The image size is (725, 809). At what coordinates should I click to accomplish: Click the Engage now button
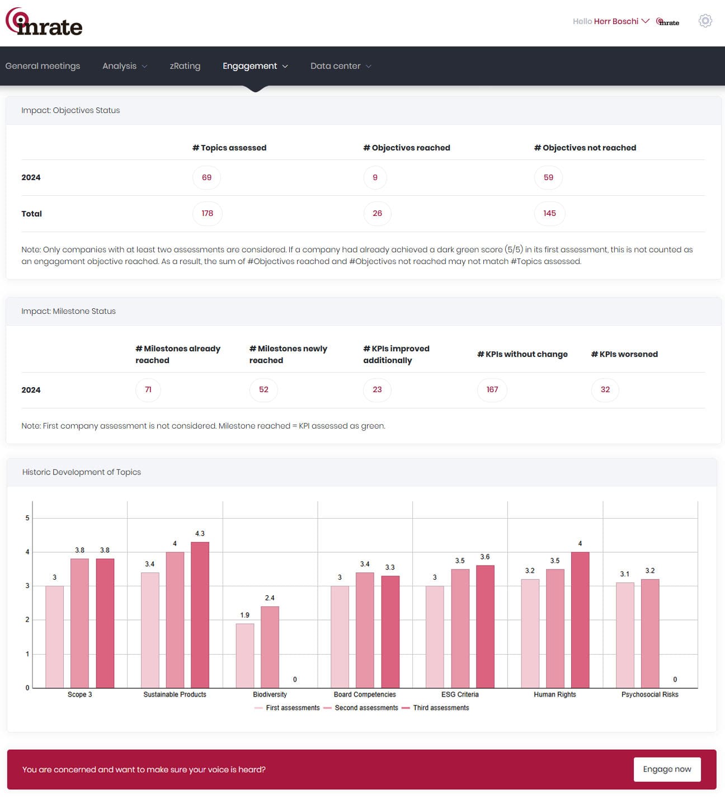click(x=667, y=769)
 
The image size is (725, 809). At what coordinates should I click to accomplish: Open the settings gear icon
click(x=705, y=21)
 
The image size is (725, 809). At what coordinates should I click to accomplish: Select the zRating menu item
click(x=185, y=66)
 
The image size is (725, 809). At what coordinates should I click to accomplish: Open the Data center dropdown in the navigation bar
click(x=341, y=66)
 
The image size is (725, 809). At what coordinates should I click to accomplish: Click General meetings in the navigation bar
click(x=43, y=66)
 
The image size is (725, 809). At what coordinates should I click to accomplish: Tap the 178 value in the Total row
click(x=207, y=213)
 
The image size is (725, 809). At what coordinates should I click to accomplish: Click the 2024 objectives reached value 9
click(x=375, y=177)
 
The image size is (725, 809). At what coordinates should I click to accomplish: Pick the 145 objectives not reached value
click(x=549, y=213)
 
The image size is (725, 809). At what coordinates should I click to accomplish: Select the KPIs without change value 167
click(x=492, y=389)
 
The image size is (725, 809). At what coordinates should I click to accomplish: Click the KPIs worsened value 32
click(x=605, y=389)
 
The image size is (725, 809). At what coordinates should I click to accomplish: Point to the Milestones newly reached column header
click(x=288, y=354)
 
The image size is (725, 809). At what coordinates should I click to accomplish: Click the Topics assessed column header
click(x=229, y=148)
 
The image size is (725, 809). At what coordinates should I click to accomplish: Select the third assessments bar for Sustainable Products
click(x=200, y=614)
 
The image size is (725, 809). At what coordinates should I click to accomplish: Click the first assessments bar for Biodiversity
click(x=244, y=655)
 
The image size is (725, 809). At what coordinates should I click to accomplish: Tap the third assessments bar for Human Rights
click(x=580, y=620)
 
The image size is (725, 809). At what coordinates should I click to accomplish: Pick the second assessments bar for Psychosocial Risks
click(x=650, y=633)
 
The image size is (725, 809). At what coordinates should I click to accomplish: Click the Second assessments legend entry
click(x=361, y=708)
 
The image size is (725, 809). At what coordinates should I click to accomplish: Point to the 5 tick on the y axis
click(x=27, y=518)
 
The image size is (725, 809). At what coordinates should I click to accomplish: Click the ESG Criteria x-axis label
click(x=459, y=694)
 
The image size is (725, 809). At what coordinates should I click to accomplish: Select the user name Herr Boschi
click(x=615, y=21)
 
